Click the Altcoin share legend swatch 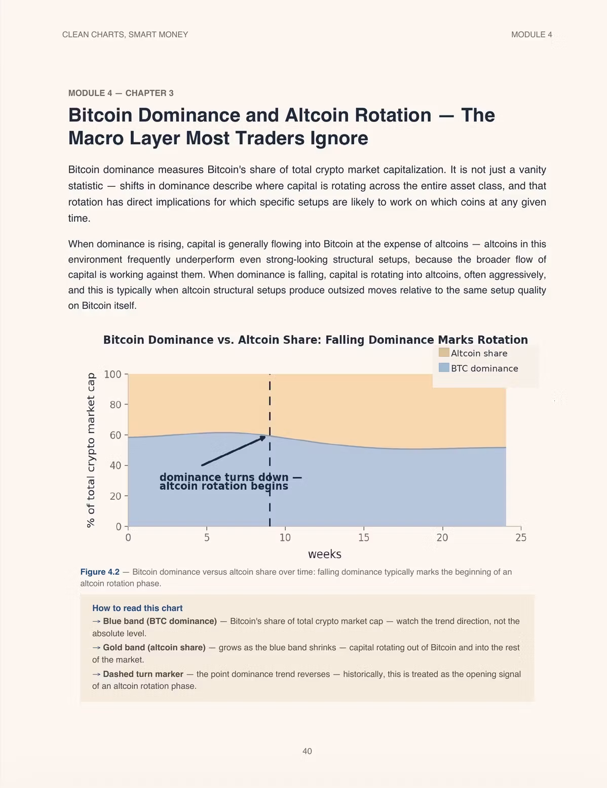point(444,352)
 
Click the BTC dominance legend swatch point(444,368)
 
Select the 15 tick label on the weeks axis point(364,537)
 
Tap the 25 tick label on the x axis point(521,537)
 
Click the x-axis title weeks point(324,554)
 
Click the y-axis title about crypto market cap point(91,450)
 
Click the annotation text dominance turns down point(224,477)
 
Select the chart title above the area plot point(315,340)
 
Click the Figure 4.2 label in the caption point(100,572)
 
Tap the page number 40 point(307,751)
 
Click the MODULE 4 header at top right point(532,34)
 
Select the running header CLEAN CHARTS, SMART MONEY point(125,34)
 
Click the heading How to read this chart point(137,608)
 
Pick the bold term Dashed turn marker point(143,674)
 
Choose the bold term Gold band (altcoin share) point(154,647)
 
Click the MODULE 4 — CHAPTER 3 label point(121,93)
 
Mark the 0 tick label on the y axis point(118,526)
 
